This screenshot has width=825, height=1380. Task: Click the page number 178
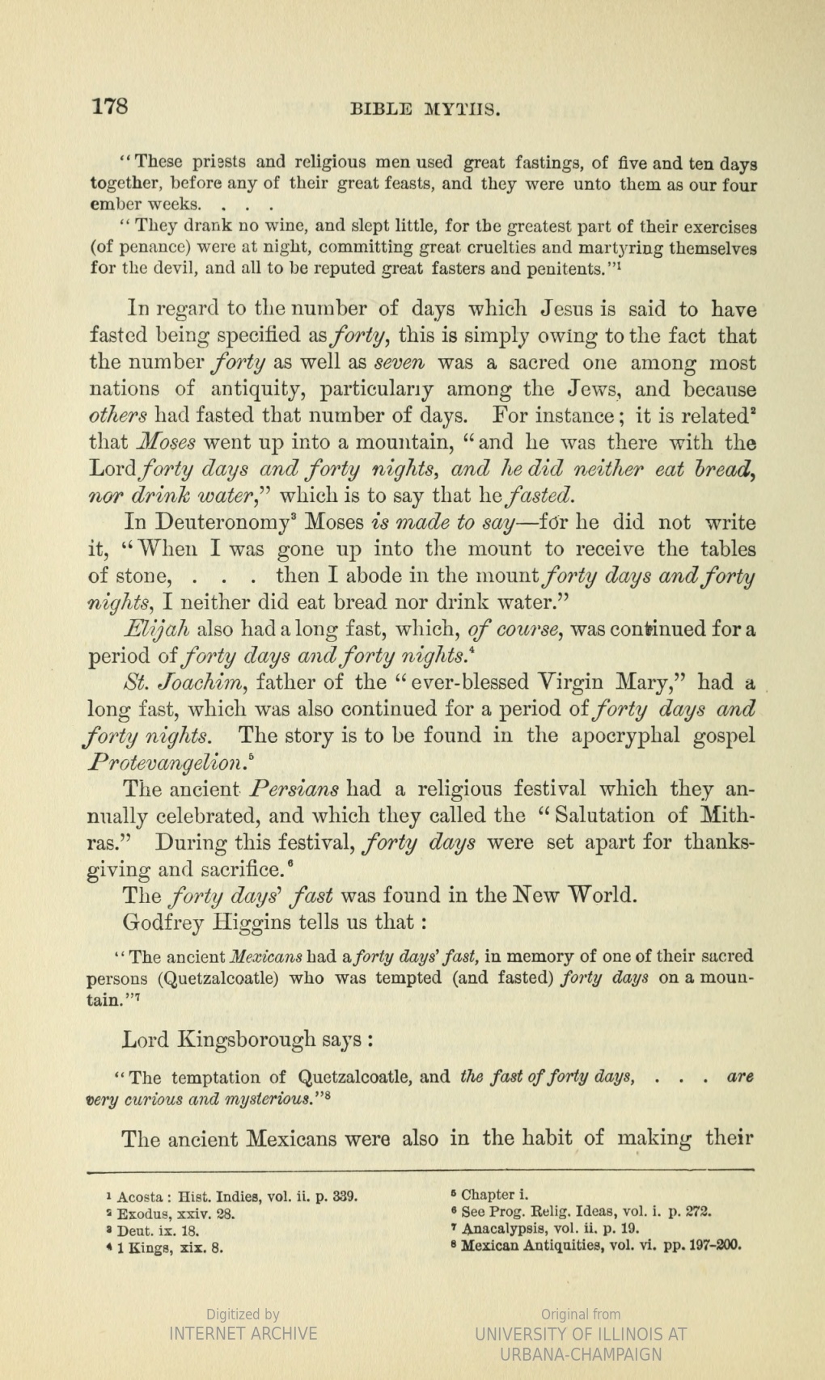[110, 107]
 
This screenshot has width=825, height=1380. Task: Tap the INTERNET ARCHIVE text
[243, 1333]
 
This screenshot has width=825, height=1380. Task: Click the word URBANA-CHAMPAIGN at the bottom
[581, 1355]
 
